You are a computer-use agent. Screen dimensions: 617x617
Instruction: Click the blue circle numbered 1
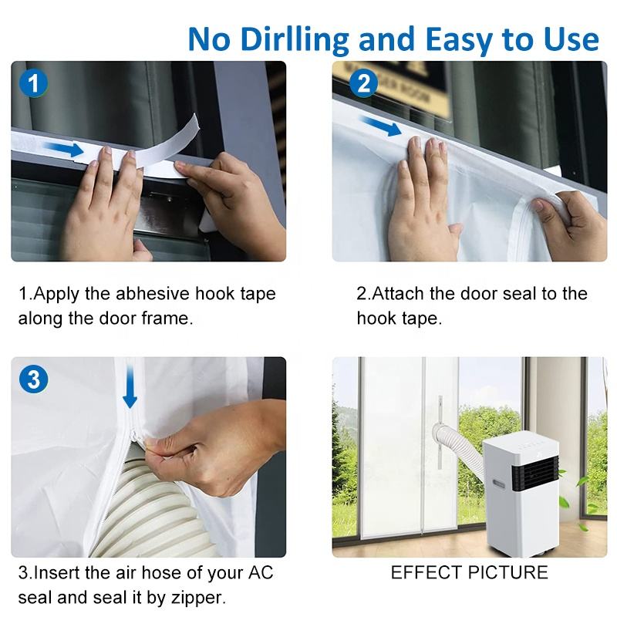[33, 83]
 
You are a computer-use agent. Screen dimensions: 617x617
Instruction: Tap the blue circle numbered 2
[363, 83]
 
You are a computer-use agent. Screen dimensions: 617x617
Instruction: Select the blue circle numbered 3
[33, 379]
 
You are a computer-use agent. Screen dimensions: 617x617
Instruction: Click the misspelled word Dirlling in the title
[295, 40]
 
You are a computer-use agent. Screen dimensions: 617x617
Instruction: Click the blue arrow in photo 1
[65, 149]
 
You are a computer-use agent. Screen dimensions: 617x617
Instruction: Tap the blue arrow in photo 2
[381, 126]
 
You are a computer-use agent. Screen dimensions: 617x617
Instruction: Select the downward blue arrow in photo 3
[130, 386]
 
